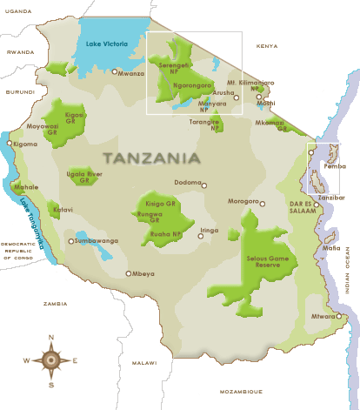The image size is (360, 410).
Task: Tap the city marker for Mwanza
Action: pos(114,72)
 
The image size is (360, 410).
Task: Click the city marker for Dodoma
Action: pos(204,185)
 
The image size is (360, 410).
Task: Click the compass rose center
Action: pos(51,360)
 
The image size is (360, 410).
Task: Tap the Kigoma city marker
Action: pos(10,143)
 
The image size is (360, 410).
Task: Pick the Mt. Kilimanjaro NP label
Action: pos(250,85)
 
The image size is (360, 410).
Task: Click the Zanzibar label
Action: pos(330,198)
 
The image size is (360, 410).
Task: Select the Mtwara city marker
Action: pos(341,316)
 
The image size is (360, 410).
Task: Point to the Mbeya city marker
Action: pos(129,273)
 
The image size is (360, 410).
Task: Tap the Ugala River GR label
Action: pos(85,177)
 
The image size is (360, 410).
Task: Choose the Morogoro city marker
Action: pos(262,203)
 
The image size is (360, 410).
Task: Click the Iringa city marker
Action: pos(201,235)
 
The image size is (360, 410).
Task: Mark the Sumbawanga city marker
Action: pos(71,241)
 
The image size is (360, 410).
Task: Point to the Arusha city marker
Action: pos(236,98)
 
